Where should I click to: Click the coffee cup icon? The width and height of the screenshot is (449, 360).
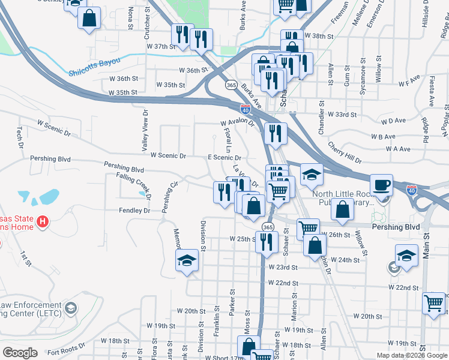381,184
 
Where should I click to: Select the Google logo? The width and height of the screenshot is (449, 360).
20,353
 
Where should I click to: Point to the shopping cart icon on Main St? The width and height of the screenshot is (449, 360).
433,303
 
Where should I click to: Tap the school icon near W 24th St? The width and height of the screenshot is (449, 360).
406,255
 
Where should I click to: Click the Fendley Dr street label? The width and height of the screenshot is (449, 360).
134,211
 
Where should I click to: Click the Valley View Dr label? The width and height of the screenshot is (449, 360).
145,130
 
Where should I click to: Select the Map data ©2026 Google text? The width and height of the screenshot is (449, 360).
411,355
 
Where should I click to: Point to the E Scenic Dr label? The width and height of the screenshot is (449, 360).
224,157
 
